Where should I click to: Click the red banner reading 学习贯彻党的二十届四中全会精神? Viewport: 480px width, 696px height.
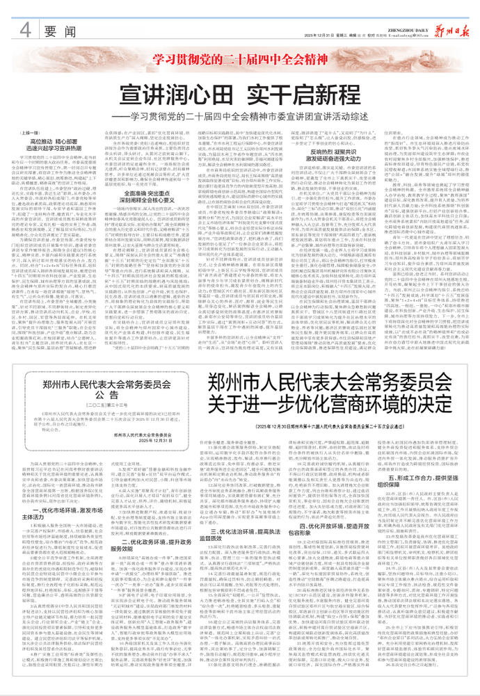point(239,58)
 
